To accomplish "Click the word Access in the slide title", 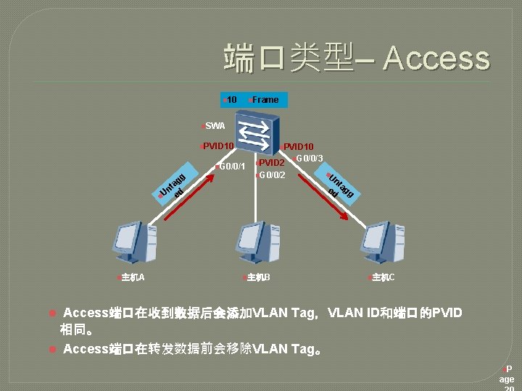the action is point(436,59).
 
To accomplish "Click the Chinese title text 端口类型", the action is point(289,58).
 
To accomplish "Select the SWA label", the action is point(215,126).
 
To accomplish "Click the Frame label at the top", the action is point(265,99).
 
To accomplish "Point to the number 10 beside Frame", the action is point(231,99).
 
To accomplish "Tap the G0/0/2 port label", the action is point(271,175).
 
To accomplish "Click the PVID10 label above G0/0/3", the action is point(298,147).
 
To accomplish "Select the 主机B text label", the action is point(258,277).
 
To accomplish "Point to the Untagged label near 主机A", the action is point(175,188).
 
